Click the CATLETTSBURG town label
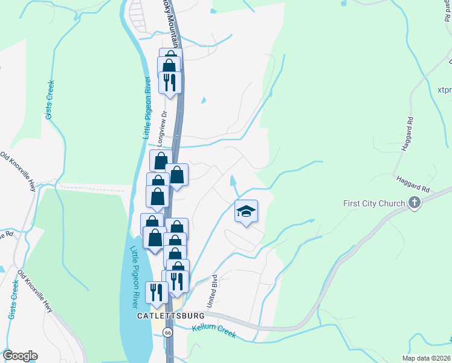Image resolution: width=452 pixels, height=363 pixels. click(x=171, y=316)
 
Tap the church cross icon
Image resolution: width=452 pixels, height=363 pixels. click(x=414, y=203)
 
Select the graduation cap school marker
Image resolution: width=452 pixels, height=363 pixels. click(x=246, y=211)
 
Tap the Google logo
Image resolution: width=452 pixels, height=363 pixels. click(x=19, y=356)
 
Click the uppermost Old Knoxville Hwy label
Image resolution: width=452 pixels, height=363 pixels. click(x=19, y=172)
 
